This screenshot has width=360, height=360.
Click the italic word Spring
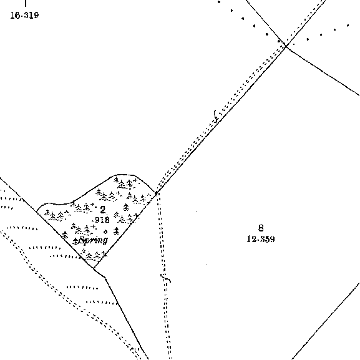click(93, 241)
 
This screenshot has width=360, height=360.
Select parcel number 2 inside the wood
click(102, 210)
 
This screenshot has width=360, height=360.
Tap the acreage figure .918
click(101, 220)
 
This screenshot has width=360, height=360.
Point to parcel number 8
click(261, 228)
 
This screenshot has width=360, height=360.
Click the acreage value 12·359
click(261, 239)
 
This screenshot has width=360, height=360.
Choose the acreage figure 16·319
click(24, 15)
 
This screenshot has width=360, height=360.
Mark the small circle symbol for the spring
click(105, 231)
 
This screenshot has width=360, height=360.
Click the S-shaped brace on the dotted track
click(215, 116)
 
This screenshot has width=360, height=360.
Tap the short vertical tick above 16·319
click(26, 3)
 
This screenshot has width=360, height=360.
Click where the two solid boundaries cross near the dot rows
click(286, 46)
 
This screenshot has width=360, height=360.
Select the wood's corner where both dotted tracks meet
click(157, 193)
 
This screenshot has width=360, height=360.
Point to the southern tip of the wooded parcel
click(94, 268)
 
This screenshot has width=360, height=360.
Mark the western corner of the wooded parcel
click(37, 210)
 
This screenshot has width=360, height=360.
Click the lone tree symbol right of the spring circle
click(117, 231)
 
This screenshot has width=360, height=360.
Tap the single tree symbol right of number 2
click(126, 207)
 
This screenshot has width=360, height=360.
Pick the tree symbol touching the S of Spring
click(75, 241)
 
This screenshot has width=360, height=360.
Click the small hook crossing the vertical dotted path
click(166, 278)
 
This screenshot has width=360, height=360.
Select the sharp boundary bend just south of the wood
click(105, 278)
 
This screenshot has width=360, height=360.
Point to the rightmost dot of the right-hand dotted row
click(348, 26)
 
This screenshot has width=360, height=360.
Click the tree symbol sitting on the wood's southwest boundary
click(66, 235)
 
